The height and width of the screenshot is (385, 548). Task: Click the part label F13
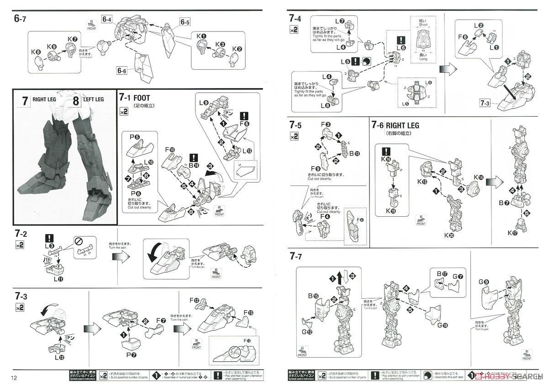point(249,312)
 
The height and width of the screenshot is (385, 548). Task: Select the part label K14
point(479,177)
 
